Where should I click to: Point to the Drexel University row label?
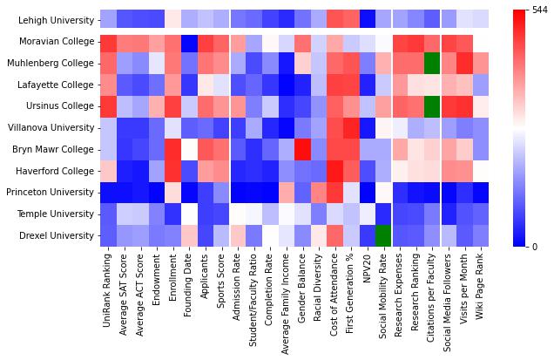(x=54, y=234)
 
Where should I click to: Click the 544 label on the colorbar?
(x=541, y=10)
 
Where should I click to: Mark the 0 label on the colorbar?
(x=534, y=246)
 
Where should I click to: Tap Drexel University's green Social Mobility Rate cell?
(x=382, y=234)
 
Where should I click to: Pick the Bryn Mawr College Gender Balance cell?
(x=302, y=148)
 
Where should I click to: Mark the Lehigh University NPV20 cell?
(x=367, y=19)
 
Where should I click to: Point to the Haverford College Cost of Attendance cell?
(x=334, y=170)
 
